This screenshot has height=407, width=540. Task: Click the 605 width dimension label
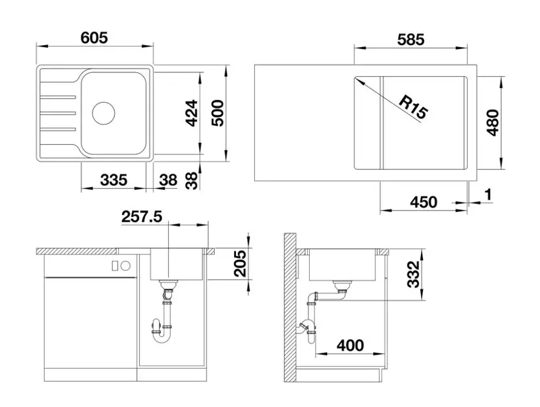pyautogui.click(x=94, y=37)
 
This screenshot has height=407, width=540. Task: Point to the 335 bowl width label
pyautogui.click(x=114, y=180)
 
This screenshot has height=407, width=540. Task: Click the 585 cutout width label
pyautogui.click(x=411, y=40)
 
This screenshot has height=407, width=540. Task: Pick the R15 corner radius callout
pyautogui.click(x=413, y=107)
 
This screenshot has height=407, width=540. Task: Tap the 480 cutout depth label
pyautogui.click(x=493, y=123)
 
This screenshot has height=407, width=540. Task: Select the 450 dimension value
pyautogui.click(x=424, y=202)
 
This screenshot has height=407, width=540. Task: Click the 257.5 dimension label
pyautogui.click(x=142, y=217)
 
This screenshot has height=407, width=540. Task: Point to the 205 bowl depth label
pyautogui.click(x=240, y=264)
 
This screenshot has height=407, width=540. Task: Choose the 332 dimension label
pyautogui.click(x=413, y=274)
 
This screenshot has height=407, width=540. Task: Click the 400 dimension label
pyautogui.click(x=350, y=345)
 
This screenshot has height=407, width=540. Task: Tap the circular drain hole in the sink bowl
pyautogui.click(x=103, y=113)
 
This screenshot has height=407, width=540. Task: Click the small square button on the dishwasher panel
pyautogui.click(x=115, y=266)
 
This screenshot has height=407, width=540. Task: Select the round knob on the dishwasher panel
pyautogui.click(x=126, y=266)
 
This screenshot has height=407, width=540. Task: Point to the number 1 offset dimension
pyautogui.click(x=488, y=194)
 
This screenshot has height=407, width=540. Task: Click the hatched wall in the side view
pyautogui.click(x=290, y=308)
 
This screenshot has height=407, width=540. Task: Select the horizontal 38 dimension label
pyautogui.click(x=168, y=180)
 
